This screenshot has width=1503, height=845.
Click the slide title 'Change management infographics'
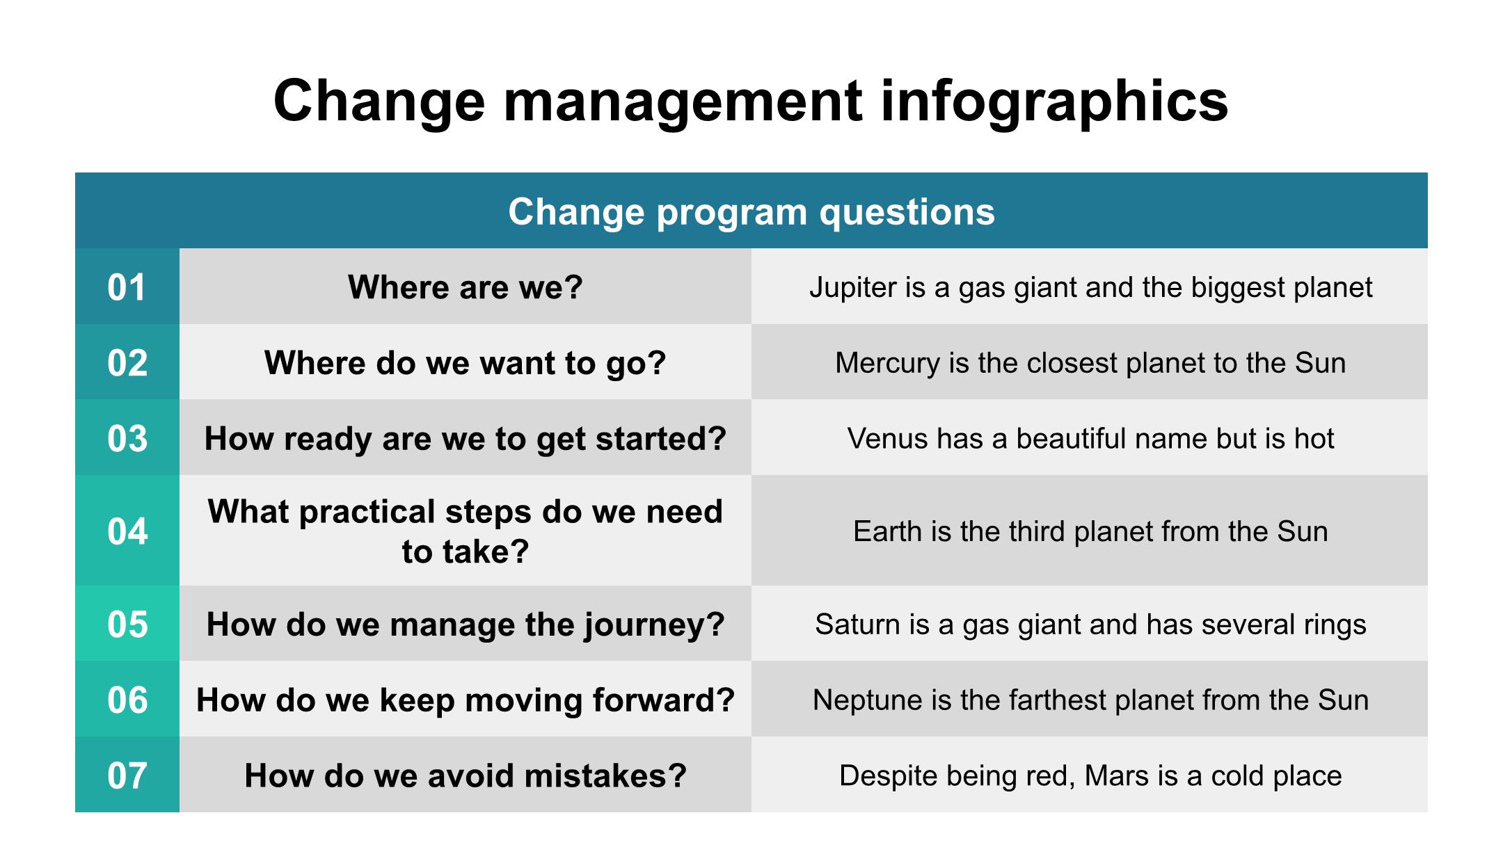pyautogui.click(x=751, y=102)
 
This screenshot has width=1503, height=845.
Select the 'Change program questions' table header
pyautogui.click(x=751, y=211)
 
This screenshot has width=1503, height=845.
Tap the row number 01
pyautogui.click(x=127, y=287)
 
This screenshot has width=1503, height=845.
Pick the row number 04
pyautogui.click(x=127, y=531)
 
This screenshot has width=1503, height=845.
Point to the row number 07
pyautogui.click(x=127, y=775)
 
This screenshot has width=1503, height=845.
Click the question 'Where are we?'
pyautogui.click(x=466, y=287)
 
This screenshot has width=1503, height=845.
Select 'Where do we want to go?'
pyautogui.click(x=466, y=363)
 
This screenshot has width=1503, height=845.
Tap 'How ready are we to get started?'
pyautogui.click(x=466, y=439)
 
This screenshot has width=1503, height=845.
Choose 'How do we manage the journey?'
pyautogui.click(x=466, y=625)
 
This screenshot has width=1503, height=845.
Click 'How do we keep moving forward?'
pyautogui.click(x=466, y=700)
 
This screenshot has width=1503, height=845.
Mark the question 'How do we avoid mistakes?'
pyautogui.click(x=466, y=775)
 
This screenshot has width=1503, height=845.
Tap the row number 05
pyautogui.click(x=127, y=625)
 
